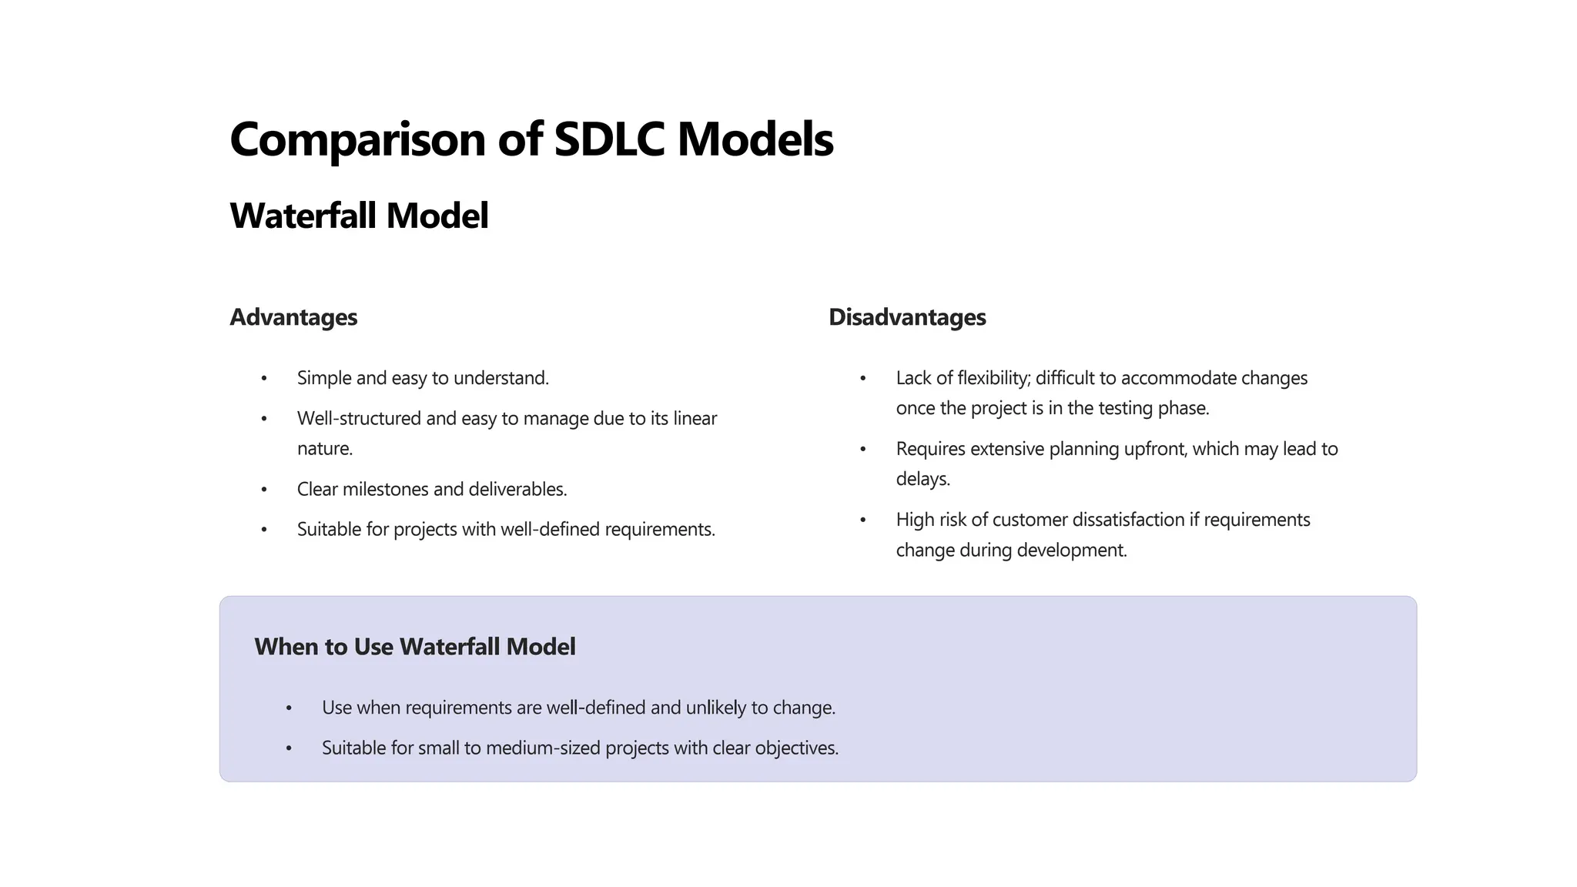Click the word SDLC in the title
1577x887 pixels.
coord(608,139)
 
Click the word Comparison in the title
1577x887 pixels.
coord(357,139)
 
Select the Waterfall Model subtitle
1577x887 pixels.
coord(359,216)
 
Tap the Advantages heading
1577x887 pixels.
coord(293,317)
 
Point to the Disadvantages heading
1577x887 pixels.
coord(907,317)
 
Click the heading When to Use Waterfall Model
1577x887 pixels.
coord(414,647)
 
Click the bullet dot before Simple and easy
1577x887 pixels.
coord(264,379)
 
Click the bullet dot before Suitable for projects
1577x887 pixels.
coord(264,530)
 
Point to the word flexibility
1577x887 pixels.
coord(993,378)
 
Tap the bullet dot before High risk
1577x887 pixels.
coord(863,520)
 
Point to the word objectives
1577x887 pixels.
coord(796,748)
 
